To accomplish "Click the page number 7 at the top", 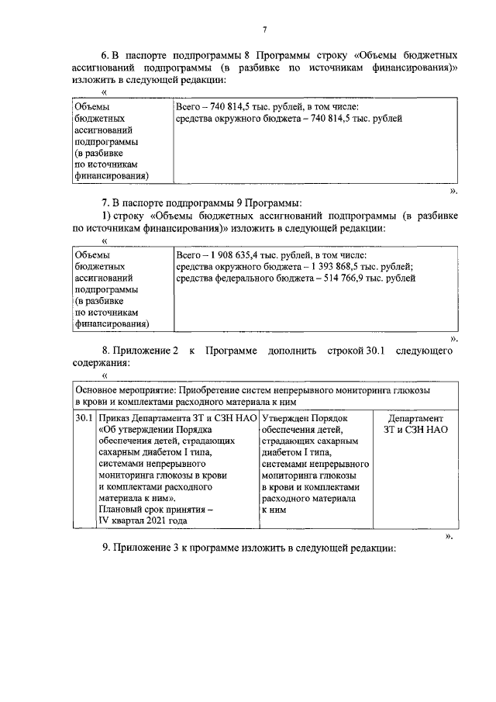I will (x=264, y=29).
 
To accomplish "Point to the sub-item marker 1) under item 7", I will (x=108, y=216).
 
